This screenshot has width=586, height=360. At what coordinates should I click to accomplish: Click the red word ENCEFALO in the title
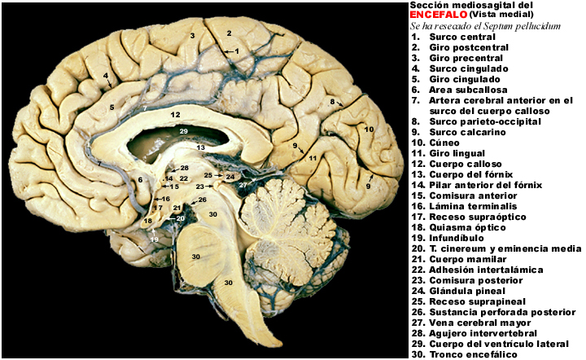[x=439, y=15]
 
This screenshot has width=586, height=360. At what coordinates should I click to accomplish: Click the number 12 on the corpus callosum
[x=175, y=114]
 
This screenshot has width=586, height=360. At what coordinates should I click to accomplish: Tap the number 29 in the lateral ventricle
[x=183, y=131]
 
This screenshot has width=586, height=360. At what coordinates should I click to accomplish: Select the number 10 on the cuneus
[x=369, y=130]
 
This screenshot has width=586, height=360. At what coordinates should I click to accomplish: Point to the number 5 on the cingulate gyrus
[x=112, y=108]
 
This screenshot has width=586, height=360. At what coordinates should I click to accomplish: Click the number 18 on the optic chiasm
[x=148, y=221]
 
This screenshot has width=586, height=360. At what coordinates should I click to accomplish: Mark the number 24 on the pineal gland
[x=230, y=177]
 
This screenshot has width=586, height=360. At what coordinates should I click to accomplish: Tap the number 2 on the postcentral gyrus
[x=229, y=33]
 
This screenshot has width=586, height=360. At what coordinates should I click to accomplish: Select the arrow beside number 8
[x=339, y=103]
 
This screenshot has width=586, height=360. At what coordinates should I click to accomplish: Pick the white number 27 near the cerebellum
[x=243, y=185]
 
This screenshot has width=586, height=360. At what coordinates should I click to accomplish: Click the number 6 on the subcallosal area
[x=140, y=180]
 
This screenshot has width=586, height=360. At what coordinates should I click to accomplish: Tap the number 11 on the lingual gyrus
[x=313, y=158]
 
